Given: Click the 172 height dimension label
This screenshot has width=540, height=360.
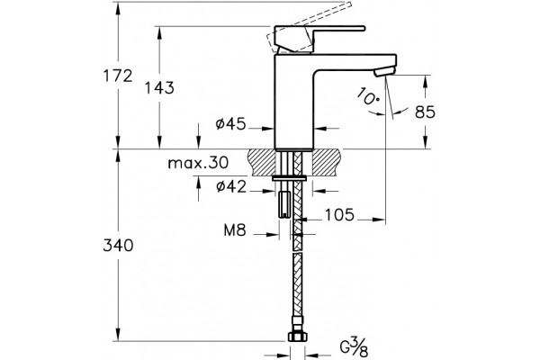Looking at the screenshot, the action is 118,76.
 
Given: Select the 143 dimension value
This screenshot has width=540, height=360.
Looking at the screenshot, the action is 159,88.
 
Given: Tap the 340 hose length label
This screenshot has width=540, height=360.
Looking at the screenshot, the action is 118,246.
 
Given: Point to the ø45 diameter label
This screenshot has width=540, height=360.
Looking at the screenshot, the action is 230,123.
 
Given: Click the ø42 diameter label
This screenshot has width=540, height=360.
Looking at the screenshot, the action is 231,186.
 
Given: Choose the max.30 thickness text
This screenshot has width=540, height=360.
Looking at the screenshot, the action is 198,163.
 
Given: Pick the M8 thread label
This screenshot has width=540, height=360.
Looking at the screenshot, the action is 235,230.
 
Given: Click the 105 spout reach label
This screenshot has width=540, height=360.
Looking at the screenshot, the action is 339,214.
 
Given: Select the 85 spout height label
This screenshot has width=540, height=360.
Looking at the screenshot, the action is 425,112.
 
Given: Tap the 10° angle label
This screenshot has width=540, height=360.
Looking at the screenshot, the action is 368,97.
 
